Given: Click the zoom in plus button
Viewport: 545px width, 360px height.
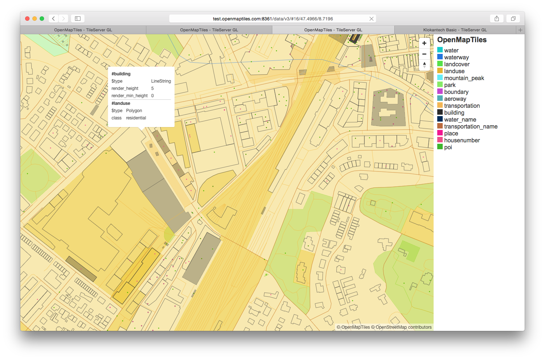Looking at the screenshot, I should tap(424, 43).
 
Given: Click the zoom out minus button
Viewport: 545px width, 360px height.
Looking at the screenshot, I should tap(424, 54).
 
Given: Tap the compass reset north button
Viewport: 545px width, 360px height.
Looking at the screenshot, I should tap(424, 65).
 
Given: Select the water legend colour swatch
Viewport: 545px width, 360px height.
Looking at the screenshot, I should tap(440, 50).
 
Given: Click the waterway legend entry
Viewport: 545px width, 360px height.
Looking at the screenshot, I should tap(456, 57).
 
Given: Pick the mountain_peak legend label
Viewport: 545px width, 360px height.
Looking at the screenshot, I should tap(464, 78).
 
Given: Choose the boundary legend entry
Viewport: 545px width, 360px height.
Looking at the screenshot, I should tap(456, 92).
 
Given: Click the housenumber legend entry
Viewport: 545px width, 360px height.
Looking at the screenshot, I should tap(462, 140).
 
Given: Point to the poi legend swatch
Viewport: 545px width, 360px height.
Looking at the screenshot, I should tap(440, 147).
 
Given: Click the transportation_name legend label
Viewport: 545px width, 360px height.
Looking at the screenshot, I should tap(470, 126).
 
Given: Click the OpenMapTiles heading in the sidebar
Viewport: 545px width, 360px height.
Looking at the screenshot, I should tap(462, 40).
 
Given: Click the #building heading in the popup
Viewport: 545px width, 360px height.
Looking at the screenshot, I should tap(121, 74).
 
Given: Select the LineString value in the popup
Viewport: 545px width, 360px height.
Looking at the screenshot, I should tap(161, 81).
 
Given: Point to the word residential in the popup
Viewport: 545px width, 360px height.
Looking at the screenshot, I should tap(136, 118).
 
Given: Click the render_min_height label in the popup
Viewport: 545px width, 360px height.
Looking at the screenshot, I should tap(129, 96).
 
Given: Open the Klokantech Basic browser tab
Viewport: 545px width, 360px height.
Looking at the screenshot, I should tap(455, 30).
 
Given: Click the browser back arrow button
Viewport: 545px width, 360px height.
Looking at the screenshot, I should tap(54, 19).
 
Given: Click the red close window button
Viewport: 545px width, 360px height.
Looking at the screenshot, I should tap(27, 19).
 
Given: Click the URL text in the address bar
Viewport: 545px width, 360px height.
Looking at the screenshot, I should tap(273, 19).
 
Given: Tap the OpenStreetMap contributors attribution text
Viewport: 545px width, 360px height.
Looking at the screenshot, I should tap(403, 327).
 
